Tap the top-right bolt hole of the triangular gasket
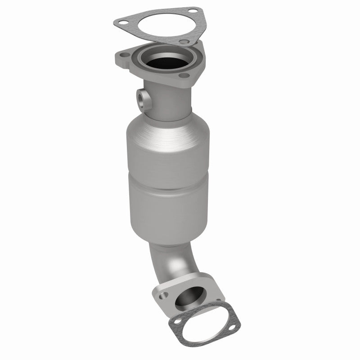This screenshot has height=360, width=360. coord(193,11)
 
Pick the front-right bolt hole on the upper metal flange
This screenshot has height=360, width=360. coord(184,76)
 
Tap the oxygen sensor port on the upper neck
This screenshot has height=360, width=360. coord(143,99)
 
